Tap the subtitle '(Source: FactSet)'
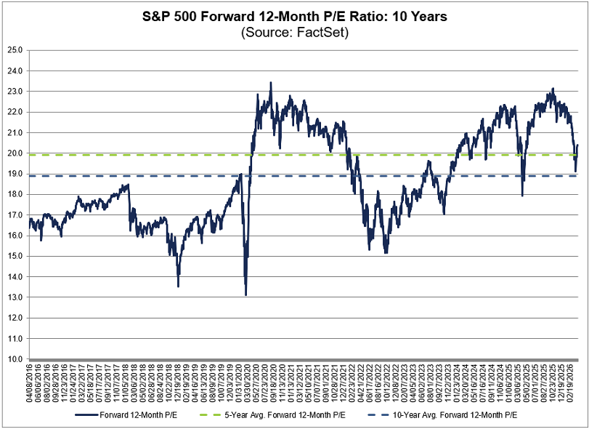[294, 33]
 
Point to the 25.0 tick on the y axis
[15, 50]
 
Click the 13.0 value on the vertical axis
[15, 297]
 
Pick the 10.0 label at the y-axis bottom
[15, 359]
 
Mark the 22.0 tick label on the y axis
[15, 112]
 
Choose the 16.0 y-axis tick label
[15, 236]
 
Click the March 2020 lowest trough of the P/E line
[245, 294]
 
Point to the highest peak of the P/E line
[271, 83]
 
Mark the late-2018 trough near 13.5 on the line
[178, 286]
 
